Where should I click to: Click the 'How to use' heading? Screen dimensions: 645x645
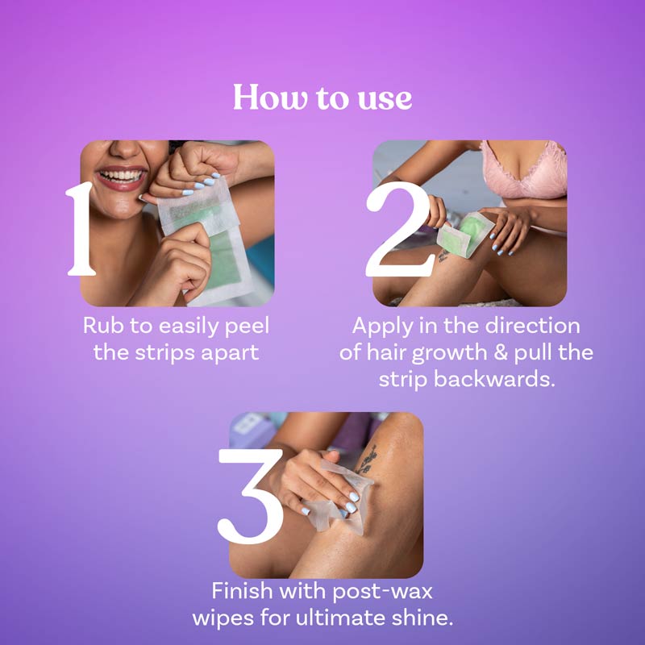[322, 98]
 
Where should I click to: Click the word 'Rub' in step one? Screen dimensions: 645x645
[102, 327]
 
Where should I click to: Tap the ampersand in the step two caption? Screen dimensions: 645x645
[485, 353]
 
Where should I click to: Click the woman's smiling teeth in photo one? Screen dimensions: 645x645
[122, 175]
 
